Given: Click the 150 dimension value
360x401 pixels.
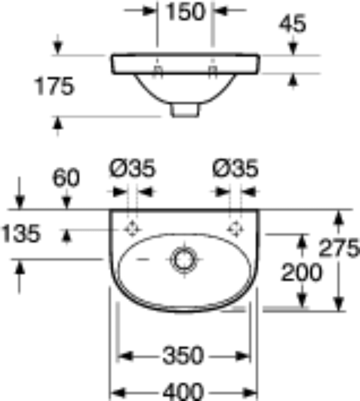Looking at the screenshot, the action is [185, 12].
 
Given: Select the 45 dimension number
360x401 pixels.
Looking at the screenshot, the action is [292, 23].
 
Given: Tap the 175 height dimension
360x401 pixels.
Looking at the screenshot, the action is [54, 86].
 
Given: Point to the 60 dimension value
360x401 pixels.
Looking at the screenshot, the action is [66, 178].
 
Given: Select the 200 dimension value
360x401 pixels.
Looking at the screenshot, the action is [301, 272].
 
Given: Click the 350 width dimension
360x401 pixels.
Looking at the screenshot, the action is [183, 355].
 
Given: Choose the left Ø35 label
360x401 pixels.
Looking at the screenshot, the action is [132, 168].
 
